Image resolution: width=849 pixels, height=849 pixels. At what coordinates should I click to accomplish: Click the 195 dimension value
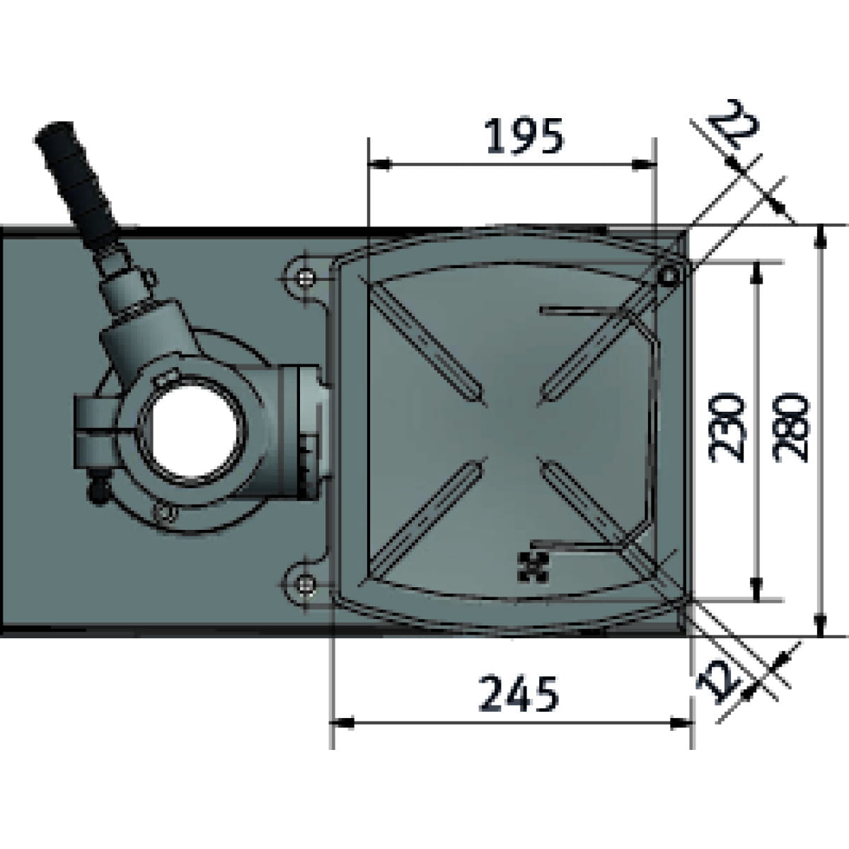pyautogui.click(x=524, y=136)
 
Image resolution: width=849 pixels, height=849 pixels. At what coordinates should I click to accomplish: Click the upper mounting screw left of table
pyautogui.click(x=306, y=278)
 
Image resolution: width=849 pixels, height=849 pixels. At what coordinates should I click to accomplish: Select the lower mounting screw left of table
pyautogui.click(x=306, y=585)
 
